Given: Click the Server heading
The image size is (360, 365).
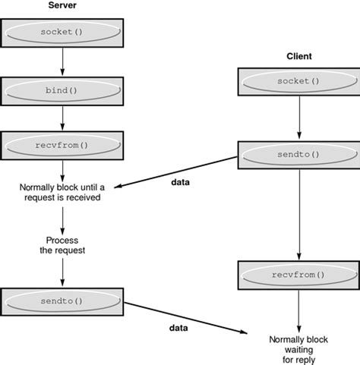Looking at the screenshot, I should [62, 6].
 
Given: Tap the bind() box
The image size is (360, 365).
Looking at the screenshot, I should [62, 89].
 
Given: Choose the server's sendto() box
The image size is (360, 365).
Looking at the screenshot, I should [62, 301].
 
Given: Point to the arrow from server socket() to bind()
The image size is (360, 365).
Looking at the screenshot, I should [62, 62].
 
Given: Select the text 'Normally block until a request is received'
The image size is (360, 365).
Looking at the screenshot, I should [62, 192].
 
